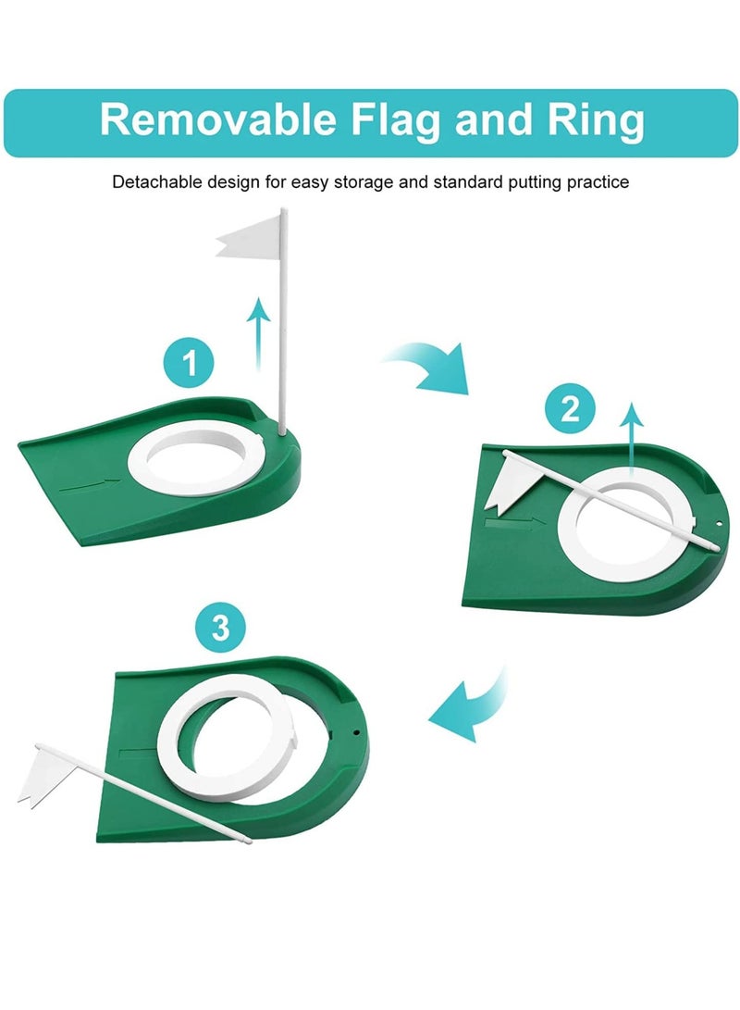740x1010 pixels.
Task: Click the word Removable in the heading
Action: pos(212,121)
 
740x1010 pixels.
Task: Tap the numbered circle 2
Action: pos(570,408)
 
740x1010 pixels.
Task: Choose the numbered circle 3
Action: pos(220,629)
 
